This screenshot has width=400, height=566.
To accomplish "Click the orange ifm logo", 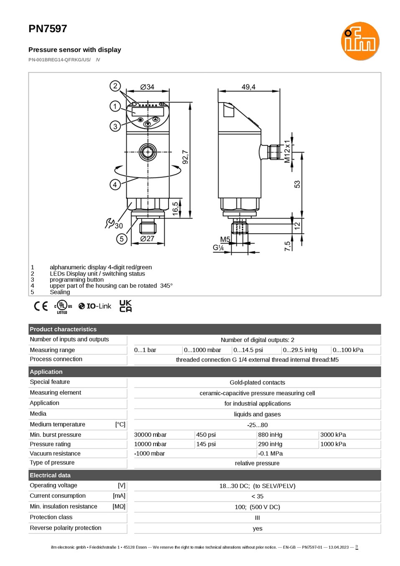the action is coord(360,41).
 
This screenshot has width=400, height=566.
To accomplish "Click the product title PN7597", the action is coord(48,29).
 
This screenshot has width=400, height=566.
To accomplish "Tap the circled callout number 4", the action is coord(115,185).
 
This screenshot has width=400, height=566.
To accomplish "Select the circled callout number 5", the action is coord(122,239).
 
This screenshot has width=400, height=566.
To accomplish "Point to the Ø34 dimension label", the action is coord(147,87).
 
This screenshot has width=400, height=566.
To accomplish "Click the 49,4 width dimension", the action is coord(248,87).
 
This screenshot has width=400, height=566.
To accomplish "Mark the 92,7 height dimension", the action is coord(185,157).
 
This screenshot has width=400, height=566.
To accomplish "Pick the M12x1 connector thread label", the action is coord(287,152).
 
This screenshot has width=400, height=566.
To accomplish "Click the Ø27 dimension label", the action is coord(147,238).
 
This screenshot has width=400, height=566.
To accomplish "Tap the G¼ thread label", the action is coord(218,248).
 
